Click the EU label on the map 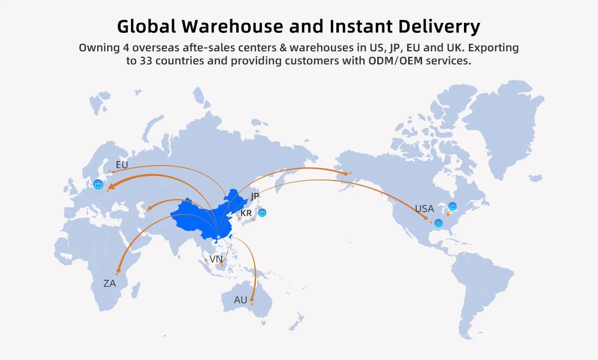(122, 165)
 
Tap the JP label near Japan (255, 196)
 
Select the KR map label (246, 213)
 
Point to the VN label (216, 259)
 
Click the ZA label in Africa (110, 284)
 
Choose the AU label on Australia (241, 300)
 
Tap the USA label (425, 209)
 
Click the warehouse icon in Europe (98, 185)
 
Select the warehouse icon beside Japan (262, 213)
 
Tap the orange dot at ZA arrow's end (117, 274)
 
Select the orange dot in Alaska (350, 173)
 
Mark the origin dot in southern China (218, 236)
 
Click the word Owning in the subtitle (99, 48)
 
